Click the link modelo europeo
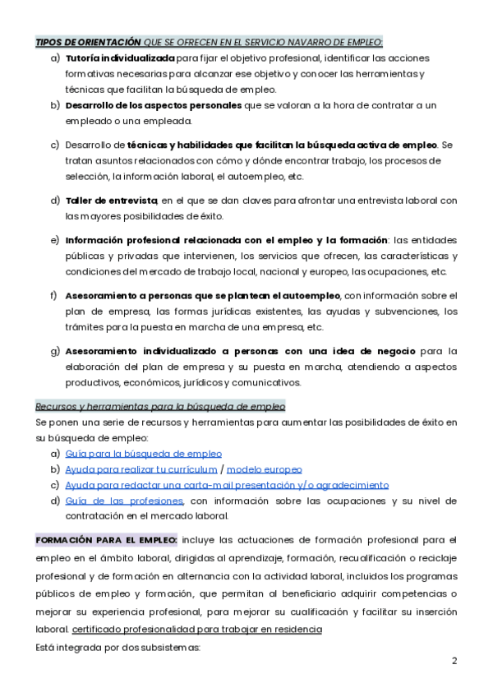click(264, 469)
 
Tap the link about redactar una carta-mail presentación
click(227, 485)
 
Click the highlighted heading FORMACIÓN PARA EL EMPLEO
click(106, 540)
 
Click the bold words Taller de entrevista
click(111, 201)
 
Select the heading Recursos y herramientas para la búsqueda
click(160, 407)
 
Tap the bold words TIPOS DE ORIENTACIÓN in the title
click(88, 43)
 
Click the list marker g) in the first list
click(55, 351)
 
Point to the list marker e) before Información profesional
click(55, 240)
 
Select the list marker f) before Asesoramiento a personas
click(54, 295)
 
